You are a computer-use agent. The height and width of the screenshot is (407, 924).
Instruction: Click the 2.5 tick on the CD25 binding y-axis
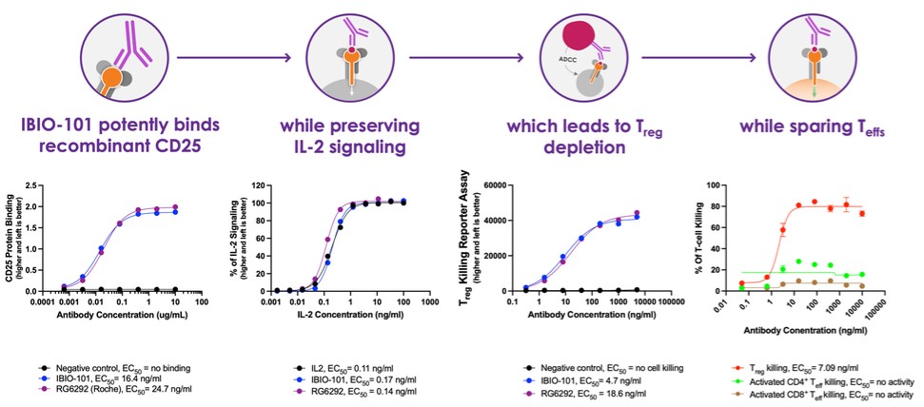pos(43,185)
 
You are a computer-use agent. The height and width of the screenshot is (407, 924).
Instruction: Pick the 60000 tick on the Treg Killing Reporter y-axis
pos(495,185)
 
